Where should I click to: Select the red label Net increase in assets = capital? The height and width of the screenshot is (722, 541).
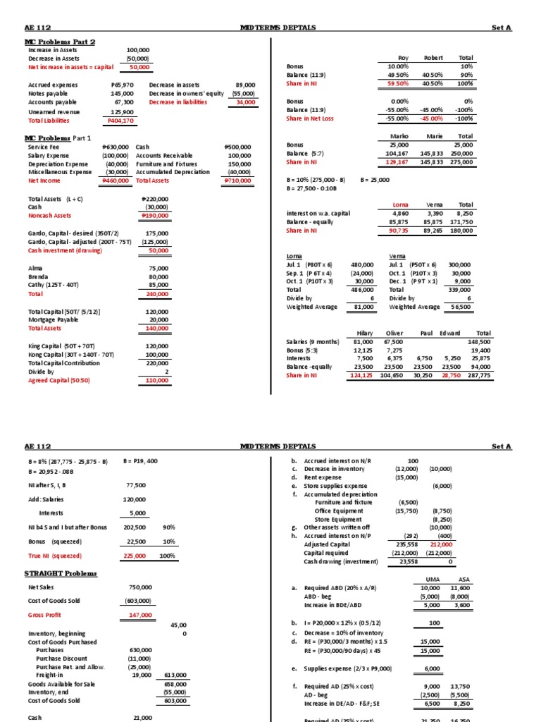tap(74, 67)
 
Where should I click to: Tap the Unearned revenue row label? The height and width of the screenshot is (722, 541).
tap(54, 111)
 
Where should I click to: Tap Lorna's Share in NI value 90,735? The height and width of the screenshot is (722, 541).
tap(399, 230)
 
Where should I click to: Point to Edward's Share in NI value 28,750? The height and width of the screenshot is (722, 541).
tap(454, 376)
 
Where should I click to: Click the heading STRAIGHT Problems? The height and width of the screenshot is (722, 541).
tap(61, 574)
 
